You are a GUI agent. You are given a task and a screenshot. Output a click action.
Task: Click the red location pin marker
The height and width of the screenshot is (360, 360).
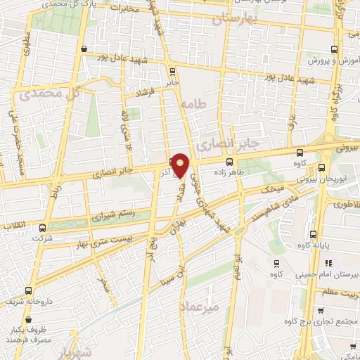tap(181, 165)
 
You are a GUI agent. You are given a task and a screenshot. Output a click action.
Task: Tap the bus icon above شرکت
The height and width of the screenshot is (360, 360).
tap(42, 228)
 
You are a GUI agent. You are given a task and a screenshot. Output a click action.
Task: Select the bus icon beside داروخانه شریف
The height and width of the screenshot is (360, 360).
tap(28, 290)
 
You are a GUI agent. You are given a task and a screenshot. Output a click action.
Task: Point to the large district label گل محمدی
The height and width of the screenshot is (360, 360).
tap(49, 93)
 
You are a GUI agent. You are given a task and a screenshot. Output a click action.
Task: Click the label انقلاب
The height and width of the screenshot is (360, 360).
tap(13, 225)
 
